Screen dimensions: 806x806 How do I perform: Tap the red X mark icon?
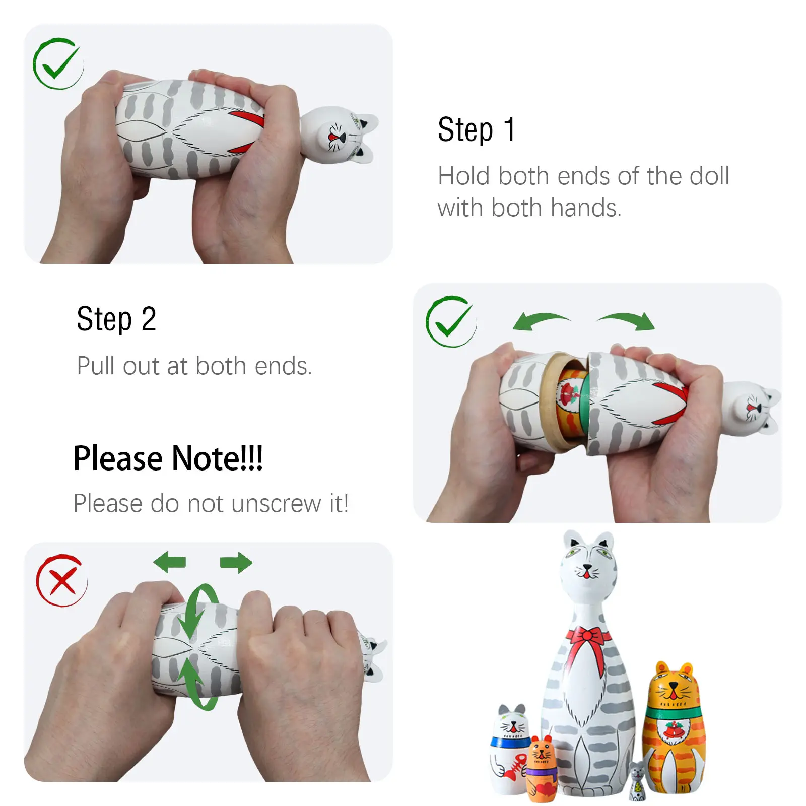pos(61,580)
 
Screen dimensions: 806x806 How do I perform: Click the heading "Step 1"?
pos(477,130)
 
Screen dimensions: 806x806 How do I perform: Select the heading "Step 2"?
pos(116,319)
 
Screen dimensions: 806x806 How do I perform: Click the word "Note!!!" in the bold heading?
pos(217,458)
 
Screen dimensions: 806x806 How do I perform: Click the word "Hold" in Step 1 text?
pos(464,176)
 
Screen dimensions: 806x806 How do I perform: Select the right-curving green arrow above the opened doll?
pos(626,320)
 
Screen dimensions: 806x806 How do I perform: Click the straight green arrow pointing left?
pos(170,562)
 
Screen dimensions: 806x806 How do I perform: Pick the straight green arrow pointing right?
pos(236,562)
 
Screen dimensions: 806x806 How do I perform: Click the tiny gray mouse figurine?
pos(637,780)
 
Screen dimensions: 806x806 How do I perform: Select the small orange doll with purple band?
pos(542,768)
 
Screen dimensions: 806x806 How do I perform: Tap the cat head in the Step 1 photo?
pos(340,135)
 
